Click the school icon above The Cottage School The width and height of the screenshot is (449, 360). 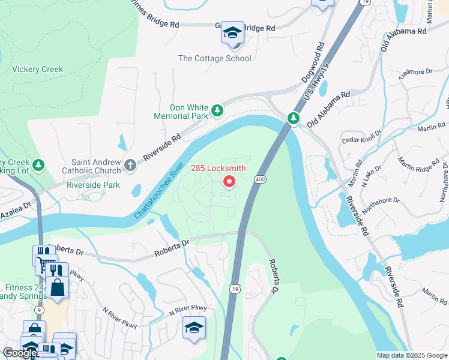232,33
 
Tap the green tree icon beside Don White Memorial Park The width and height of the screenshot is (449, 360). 217,110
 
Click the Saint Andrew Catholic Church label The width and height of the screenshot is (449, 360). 96,162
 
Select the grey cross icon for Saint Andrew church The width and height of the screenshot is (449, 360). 130,163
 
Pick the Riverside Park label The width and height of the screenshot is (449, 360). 93,185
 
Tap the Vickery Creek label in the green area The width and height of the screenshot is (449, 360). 37,69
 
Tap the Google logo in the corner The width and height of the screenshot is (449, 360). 20,353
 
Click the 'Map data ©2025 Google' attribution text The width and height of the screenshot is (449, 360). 411,355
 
